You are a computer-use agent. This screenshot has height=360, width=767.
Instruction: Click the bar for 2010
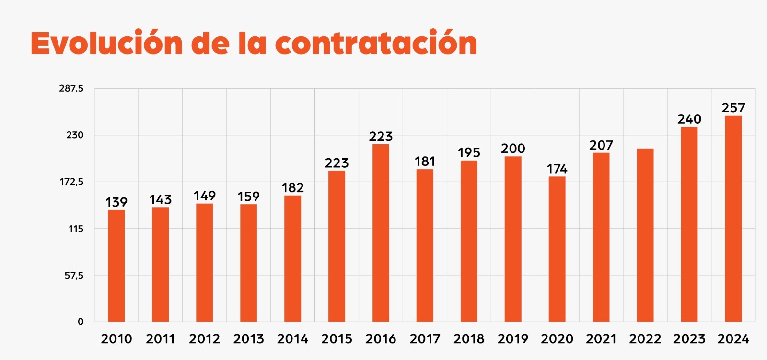pos(116,266)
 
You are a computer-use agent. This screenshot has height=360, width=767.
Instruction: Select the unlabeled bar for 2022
pos(645,235)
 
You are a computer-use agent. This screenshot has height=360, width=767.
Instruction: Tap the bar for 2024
pos(733,219)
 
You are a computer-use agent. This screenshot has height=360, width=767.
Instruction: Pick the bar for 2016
pos(381,233)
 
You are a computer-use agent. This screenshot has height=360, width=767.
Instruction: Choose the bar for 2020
pos(557,249)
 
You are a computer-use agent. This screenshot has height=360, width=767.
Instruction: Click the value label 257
pos(733,108)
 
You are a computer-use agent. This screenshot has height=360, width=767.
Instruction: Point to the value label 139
pos(116,202)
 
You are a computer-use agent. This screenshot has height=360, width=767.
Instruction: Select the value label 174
pos(557,169)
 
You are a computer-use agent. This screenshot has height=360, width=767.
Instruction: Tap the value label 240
pos(689,119)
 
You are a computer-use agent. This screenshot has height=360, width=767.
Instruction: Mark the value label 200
pos(513,149)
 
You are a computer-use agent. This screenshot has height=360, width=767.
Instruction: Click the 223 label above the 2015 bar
pos(337,163)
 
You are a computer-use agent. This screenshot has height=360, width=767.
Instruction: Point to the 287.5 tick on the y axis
pos(71,88)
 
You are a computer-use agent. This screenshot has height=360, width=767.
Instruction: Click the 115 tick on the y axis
pos(76,229)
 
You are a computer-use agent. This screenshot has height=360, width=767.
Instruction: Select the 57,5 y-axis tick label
pos(74,275)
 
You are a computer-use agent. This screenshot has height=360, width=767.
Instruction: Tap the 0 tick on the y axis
pos(81,322)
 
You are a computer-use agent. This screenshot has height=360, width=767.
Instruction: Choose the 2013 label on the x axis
pos(248,339)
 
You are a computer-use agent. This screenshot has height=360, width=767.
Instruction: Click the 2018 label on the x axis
pos(469,339)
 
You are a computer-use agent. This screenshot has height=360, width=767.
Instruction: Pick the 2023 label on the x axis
pos(689,339)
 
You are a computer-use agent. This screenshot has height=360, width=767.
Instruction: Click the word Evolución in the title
pos(106,43)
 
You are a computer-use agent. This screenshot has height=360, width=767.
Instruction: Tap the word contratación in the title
pos(376,43)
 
